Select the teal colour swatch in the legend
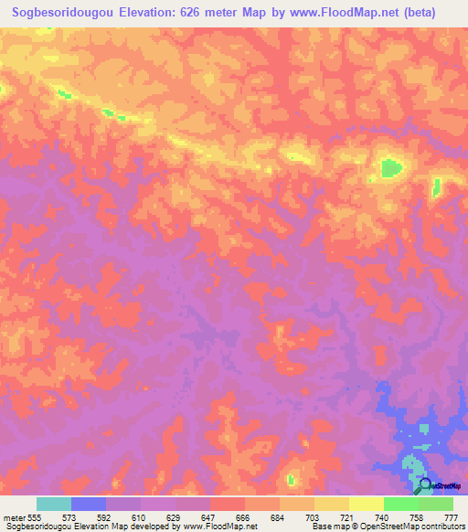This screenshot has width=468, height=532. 54,505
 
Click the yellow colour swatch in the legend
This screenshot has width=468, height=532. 367,505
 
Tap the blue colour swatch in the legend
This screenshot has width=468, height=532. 89,505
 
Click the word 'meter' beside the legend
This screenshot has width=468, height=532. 15,518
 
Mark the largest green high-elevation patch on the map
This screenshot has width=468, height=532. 391,167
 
